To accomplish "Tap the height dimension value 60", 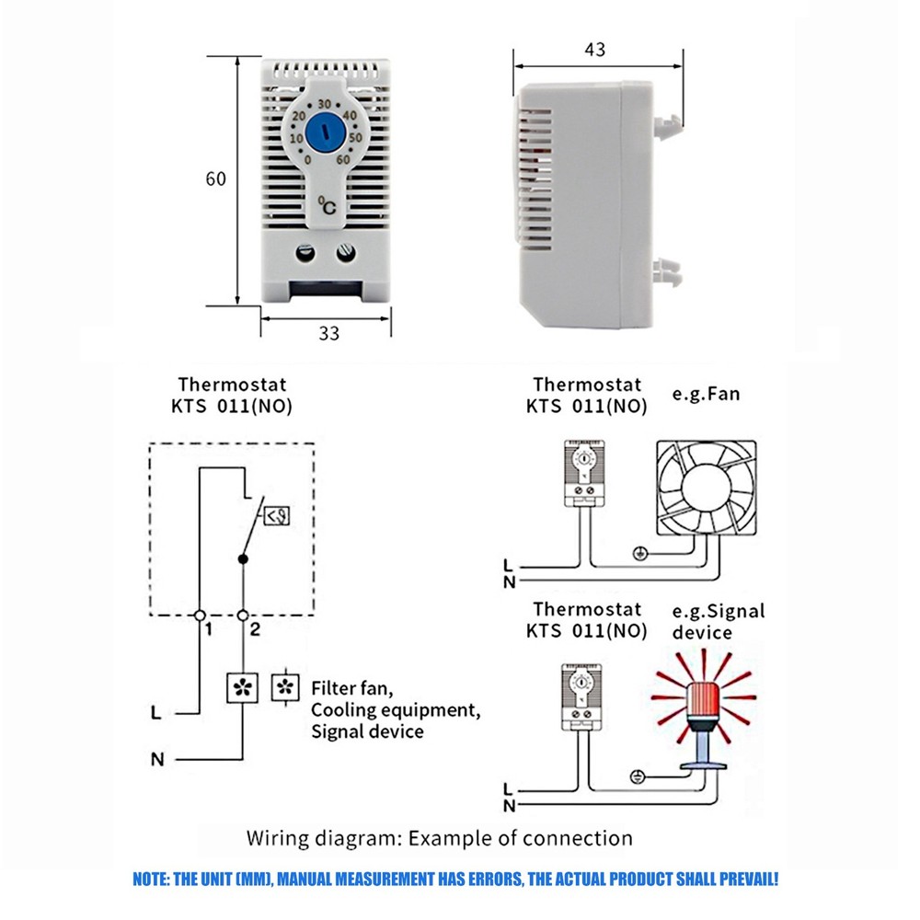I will (x=215, y=179).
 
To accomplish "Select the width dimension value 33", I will (x=328, y=333).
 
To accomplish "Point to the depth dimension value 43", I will (x=594, y=50).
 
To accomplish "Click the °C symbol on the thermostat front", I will (x=327, y=206).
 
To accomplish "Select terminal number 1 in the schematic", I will (x=210, y=630).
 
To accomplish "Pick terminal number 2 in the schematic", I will (x=255, y=630).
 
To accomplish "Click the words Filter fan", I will (x=352, y=688).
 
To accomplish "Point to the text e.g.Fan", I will (x=705, y=395).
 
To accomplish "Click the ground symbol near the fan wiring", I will (x=640, y=553).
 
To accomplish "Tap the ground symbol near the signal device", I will (x=635, y=777).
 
